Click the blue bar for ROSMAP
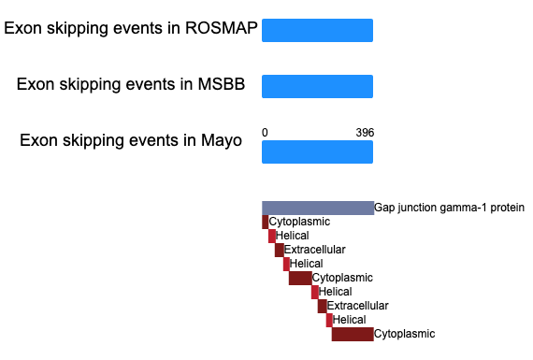(317, 31)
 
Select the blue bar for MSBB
(317, 87)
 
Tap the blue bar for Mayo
(317, 152)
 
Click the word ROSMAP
(222, 28)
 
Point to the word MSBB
(222, 84)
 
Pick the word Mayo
(222, 141)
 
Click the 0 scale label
(265, 132)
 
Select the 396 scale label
(365, 132)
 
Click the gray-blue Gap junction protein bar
(318, 208)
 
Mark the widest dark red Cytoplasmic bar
(353, 334)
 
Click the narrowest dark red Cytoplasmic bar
(266, 222)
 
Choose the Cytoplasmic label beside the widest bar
(404, 334)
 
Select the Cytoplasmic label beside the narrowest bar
(299, 222)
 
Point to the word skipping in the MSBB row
(90, 85)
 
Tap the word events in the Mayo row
(153, 140)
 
